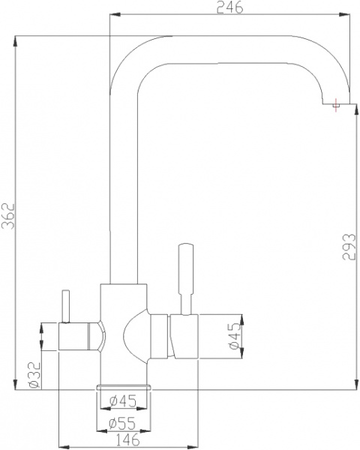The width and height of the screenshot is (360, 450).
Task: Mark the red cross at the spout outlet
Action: [335, 109]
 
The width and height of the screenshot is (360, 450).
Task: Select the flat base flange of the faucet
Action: [124, 385]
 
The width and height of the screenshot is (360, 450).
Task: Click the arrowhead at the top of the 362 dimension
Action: [16, 39]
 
